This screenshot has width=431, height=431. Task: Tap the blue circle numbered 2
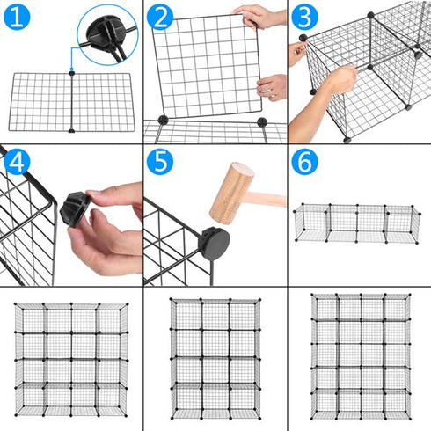[161, 18]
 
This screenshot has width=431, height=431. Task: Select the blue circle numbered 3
[304, 18]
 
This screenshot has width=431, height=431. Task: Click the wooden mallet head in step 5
[230, 191]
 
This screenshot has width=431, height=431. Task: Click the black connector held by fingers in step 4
[75, 210]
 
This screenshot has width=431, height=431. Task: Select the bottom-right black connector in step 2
[260, 121]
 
